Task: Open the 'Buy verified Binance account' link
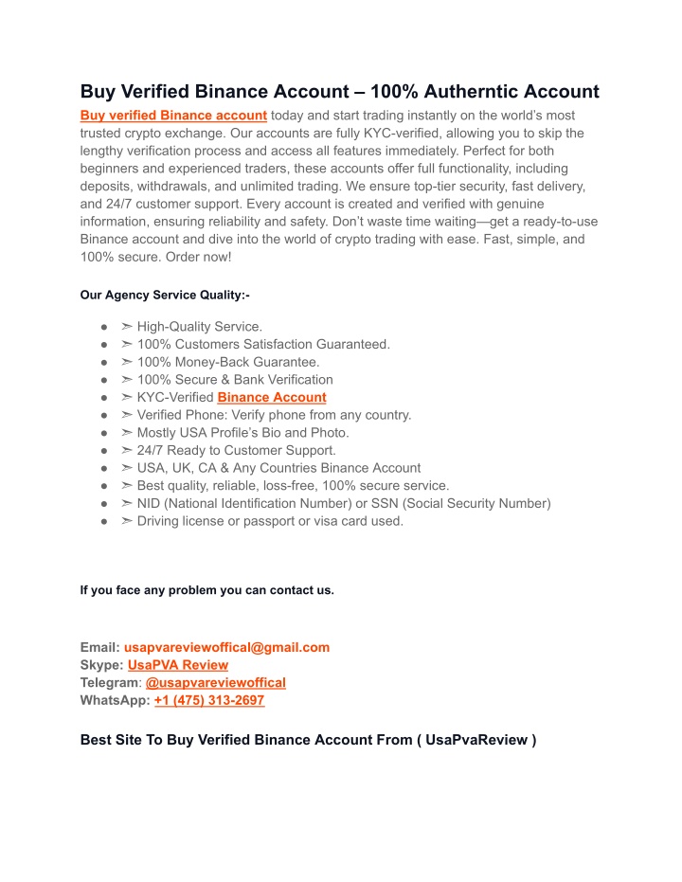(173, 116)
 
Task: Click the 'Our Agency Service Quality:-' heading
(165, 296)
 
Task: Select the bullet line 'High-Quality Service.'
(192, 327)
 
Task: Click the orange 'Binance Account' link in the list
(272, 398)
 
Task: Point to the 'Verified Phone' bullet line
(274, 415)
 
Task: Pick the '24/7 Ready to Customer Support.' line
(236, 450)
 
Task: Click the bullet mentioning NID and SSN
(343, 503)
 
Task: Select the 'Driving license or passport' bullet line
(270, 521)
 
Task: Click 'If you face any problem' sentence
(206, 590)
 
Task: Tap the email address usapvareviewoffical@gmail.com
(226, 647)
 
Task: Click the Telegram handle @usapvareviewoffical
(216, 682)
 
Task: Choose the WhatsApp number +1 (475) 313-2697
(209, 700)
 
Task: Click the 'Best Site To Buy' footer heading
(308, 740)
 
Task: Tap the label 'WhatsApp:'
(115, 700)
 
